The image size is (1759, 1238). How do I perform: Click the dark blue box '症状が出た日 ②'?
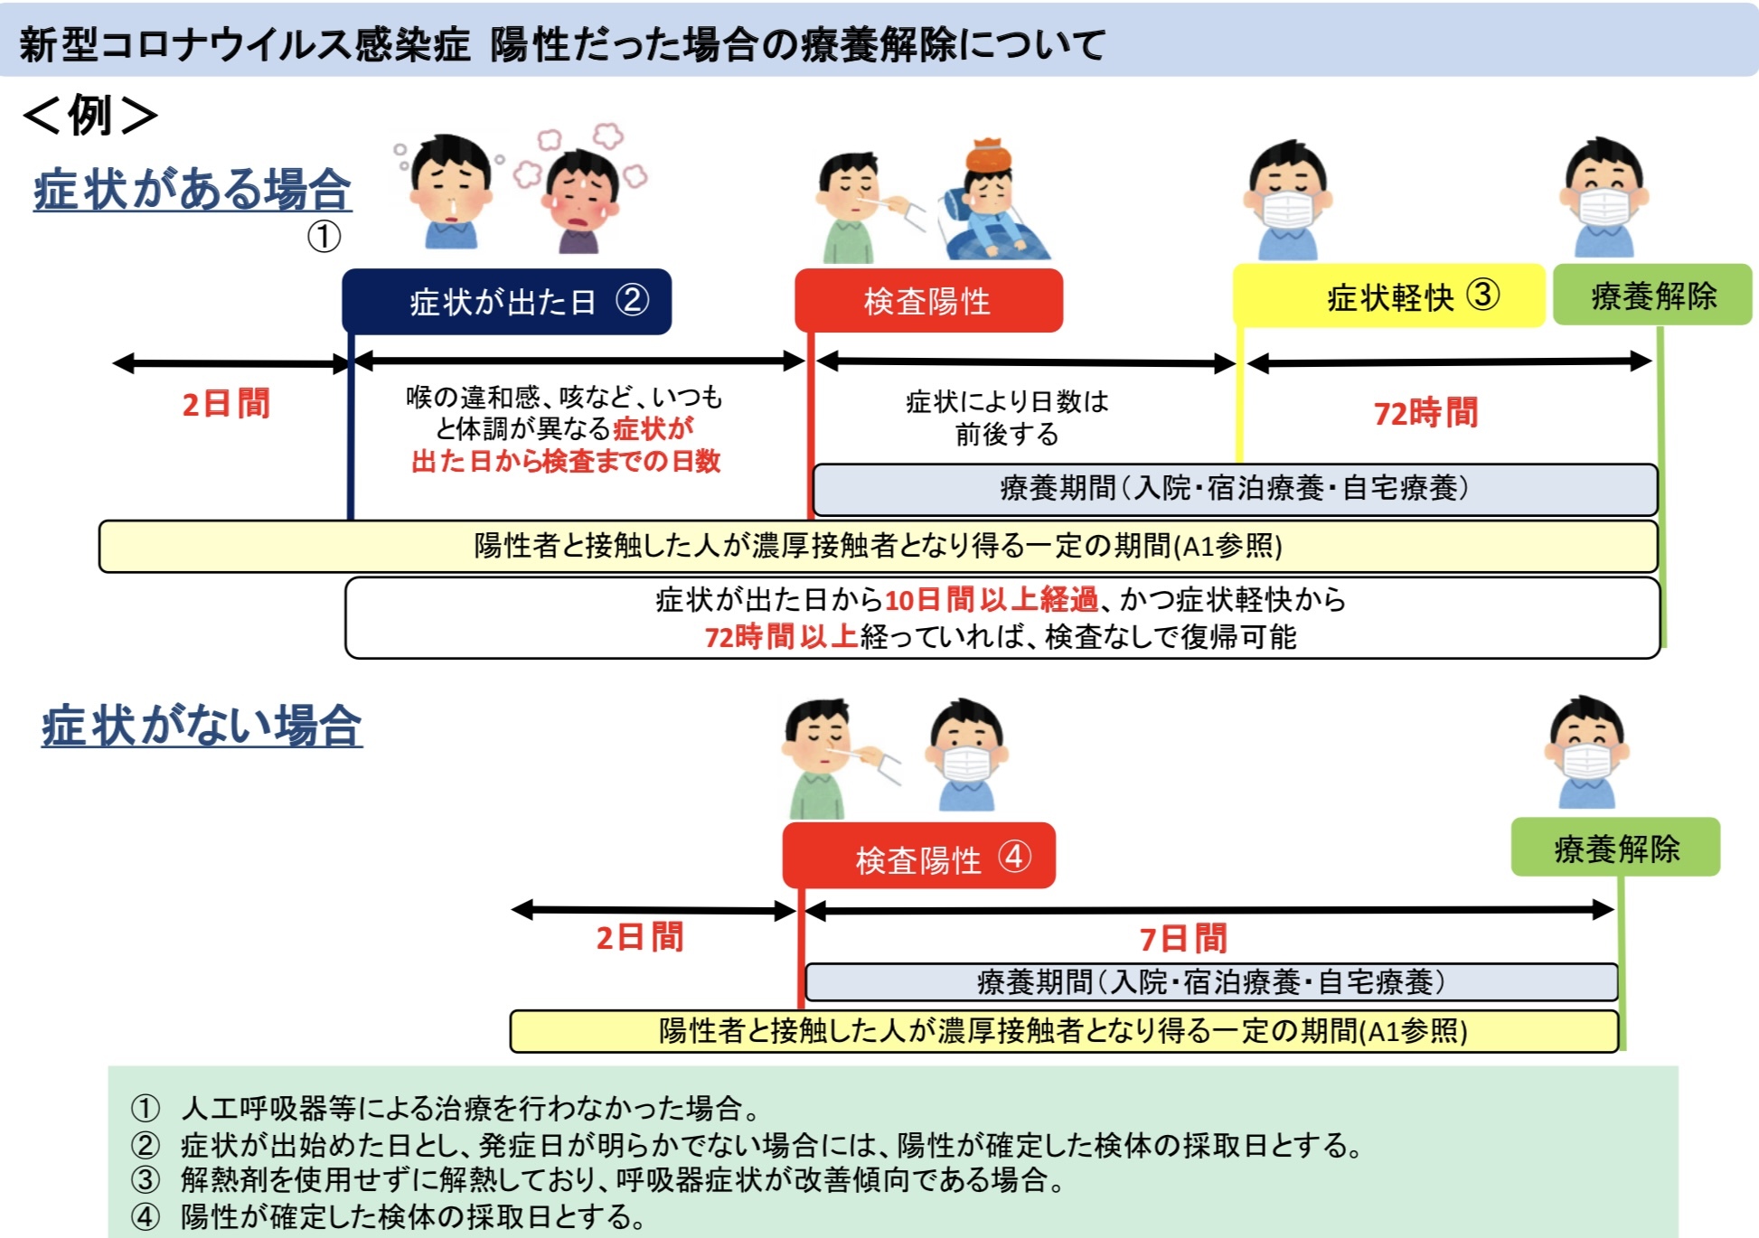506,301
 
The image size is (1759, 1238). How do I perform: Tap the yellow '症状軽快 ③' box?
1389,295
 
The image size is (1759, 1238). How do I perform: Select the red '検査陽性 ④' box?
918,856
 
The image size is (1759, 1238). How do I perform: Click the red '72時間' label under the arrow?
1425,413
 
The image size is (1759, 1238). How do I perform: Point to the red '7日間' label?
1183,939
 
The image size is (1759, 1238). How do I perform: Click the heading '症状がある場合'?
193,190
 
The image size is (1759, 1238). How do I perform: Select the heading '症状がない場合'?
202,726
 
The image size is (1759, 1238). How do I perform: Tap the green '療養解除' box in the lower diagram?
1616,847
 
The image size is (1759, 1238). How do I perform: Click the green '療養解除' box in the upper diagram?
1653,295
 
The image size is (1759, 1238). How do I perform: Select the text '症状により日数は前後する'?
1007,417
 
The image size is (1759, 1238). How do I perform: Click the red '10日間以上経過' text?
992,599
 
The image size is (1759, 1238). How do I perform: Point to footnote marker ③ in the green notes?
145,1180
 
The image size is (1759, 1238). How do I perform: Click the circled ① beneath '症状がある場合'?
324,237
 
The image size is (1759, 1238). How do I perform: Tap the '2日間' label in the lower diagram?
640,937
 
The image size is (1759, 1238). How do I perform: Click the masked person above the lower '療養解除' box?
1587,752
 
